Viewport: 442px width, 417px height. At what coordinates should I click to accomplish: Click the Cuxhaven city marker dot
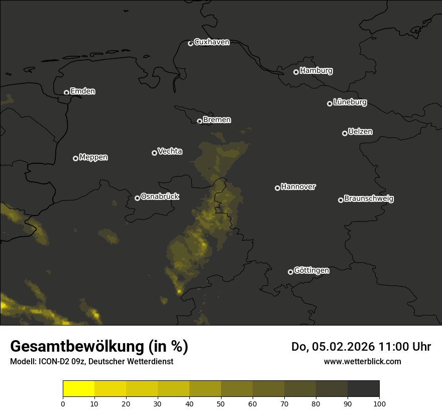tap(190, 43)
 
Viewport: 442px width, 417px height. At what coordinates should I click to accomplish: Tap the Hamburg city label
tap(316, 71)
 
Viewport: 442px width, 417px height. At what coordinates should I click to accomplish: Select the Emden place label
tap(82, 91)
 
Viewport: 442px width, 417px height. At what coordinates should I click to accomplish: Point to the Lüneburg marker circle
tap(329, 103)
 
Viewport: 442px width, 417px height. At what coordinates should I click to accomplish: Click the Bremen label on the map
tap(217, 120)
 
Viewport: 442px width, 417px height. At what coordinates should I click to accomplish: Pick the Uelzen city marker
tap(345, 133)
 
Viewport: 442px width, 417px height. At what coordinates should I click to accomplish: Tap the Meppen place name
tap(93, 157)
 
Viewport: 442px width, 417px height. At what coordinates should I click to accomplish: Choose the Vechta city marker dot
tap(154, 153)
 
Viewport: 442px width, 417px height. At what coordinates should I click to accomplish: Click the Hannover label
tap(298, 187)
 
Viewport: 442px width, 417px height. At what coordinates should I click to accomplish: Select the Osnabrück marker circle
tap(137, 198)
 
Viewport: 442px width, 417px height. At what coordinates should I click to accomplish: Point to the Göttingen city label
tap(311, 271)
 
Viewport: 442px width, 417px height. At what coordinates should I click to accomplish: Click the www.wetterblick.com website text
tap(362, 361)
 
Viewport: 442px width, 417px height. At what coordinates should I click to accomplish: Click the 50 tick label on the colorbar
tap(221, 403)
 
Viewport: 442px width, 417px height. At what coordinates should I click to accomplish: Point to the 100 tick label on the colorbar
tap(379, 403)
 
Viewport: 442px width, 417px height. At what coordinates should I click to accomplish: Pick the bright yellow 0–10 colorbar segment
tap(79, 389)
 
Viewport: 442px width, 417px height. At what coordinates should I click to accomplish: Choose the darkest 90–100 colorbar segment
tap(363, 389)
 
